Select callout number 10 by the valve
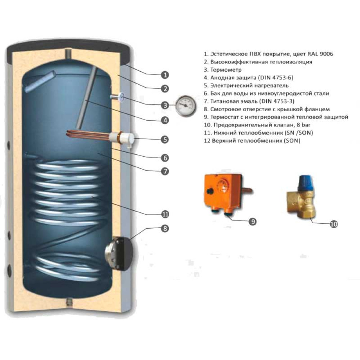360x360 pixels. tap(333, 224)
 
